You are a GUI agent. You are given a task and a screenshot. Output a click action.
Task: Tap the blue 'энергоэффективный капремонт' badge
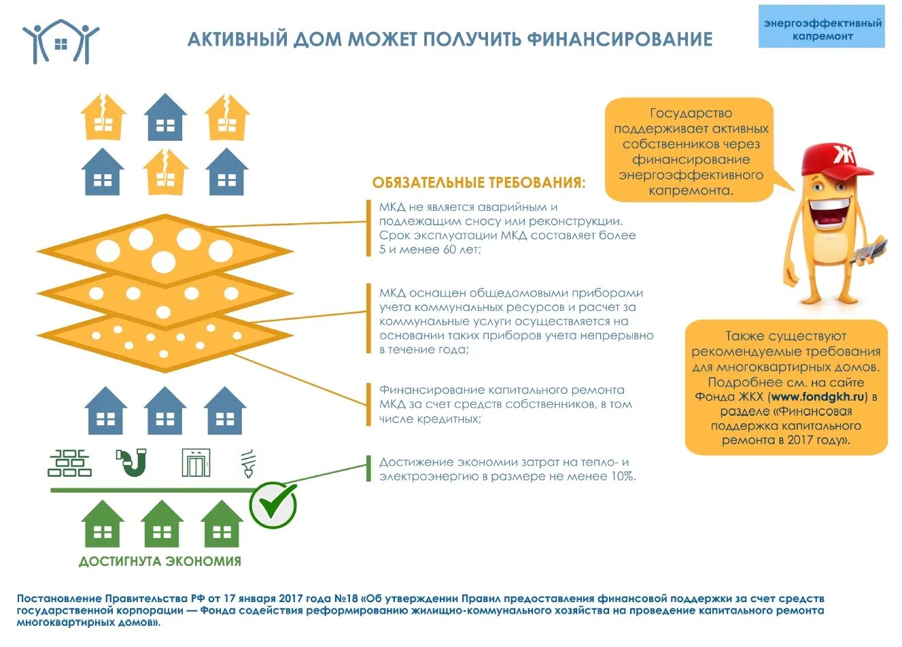coord(821,29)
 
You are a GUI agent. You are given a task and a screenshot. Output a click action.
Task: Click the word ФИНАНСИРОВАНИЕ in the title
coord(619,39)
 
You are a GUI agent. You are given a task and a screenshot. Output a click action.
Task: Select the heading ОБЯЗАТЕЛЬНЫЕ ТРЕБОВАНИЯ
coord(479,182)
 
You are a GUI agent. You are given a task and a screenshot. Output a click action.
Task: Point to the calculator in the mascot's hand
coord(870,250)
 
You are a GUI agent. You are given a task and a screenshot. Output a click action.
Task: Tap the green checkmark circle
coord(273,505)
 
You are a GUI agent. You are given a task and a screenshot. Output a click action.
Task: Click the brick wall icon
coord(69,463)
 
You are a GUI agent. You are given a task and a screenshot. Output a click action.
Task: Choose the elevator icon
coord(196,463)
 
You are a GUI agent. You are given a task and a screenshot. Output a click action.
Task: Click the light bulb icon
coord(248,463)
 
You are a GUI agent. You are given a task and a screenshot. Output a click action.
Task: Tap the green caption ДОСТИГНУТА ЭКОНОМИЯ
coord(160,562)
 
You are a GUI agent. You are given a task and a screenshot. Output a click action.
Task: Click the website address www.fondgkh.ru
coord(818,397)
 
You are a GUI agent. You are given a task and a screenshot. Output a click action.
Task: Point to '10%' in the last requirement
coord(621,476)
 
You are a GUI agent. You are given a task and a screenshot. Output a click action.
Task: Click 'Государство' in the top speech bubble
coord(691,113)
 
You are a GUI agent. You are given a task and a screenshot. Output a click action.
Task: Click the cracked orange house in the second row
coord(165,171)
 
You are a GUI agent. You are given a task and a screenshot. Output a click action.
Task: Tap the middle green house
coord(162,524)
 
